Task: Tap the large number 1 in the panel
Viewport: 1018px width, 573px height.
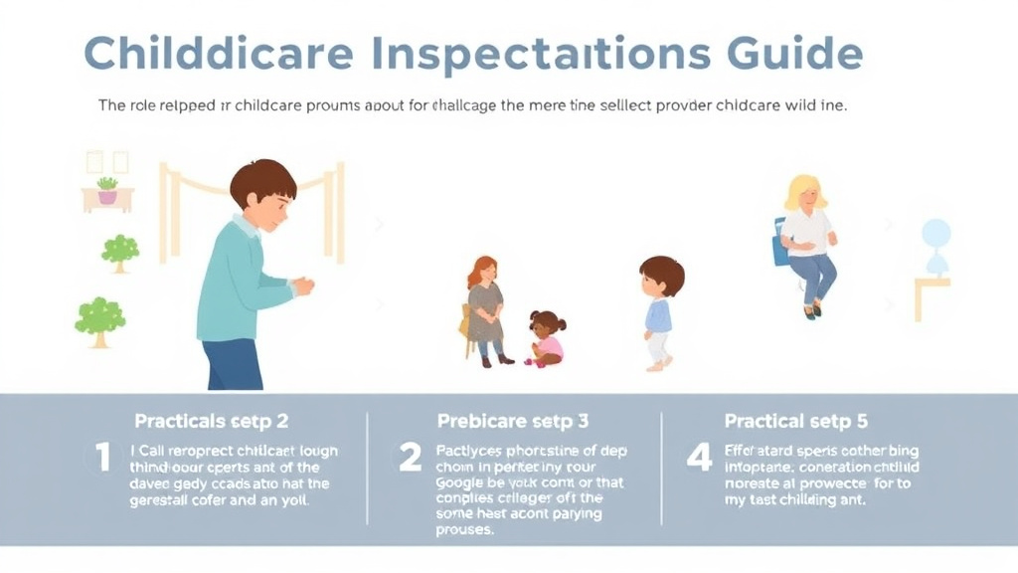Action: coord(101,459)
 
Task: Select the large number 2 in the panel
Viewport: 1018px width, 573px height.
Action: coord(410,459)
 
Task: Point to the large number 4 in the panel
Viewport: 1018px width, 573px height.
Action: coord(699,459)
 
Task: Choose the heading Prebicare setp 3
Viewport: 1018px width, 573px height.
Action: coord(513,421)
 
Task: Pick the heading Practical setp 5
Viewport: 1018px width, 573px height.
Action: coord(795,421)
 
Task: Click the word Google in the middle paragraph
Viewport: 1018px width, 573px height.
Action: coord(462,482)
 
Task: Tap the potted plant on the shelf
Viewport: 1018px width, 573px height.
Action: coord(107,190)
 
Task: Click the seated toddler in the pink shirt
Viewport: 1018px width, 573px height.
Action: coord(546,339)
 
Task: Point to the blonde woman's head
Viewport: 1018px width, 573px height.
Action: coord(805,193)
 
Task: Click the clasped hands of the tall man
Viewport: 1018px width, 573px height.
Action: coord(302,286)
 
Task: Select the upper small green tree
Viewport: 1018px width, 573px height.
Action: coord(120,252)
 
